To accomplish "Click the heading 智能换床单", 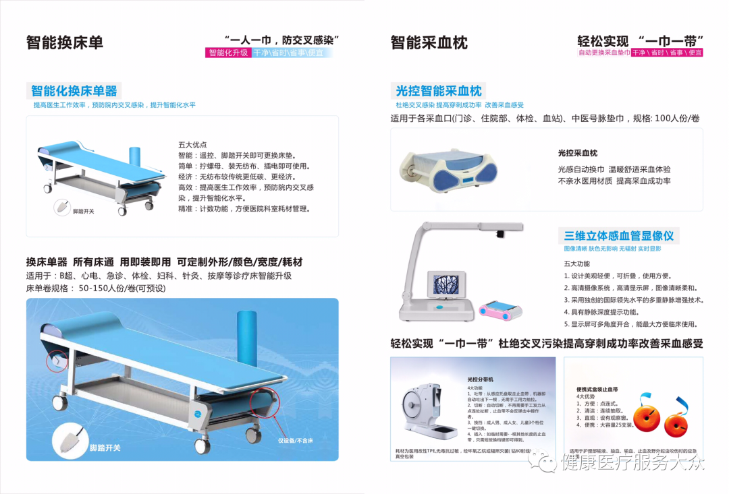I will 65,42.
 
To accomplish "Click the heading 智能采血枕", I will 429,42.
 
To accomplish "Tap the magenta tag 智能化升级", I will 228,53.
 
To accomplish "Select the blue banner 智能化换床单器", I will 74,91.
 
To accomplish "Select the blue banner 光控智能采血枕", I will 439,91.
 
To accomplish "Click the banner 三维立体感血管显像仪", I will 619,236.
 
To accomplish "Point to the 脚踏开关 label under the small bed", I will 84,212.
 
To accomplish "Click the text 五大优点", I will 192,144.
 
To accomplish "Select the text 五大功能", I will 577,264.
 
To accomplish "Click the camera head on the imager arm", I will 499,233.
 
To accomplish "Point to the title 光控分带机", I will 481,380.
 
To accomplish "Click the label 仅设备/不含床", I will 296,440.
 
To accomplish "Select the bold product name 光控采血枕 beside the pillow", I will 577,154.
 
